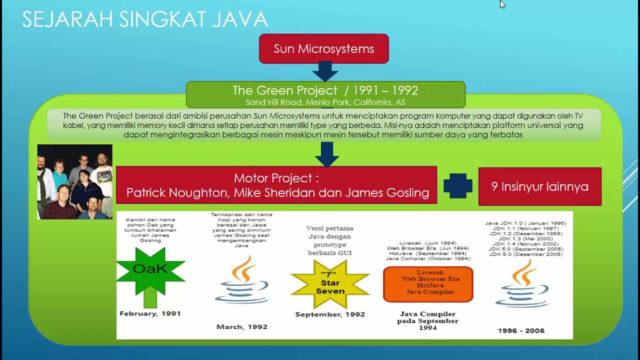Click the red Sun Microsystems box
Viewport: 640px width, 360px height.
pyautogui.click(x=323, y=48)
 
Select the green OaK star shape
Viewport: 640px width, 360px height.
pyautogui.click(x=150, y=270)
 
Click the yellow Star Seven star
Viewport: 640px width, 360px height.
pyautogui.click(x=330, y=283)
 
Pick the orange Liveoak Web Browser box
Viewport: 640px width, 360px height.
pyautogui.click(x=428, y=284)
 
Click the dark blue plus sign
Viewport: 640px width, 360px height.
pyautogui.click(x=458, y=186)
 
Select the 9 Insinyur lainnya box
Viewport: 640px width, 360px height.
pyautogui.click(x=539, y=186)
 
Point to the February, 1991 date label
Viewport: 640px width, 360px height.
pyautogui.click(x=150, y=313)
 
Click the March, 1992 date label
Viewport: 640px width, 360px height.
pyautogui.click(x=242, y=326)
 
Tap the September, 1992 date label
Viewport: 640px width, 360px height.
pyautogui.click(x=330, y=314)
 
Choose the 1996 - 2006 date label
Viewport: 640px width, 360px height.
pyautogui.click(x=521, y=330)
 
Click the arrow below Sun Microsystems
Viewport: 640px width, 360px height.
pyautogui.click(x=325, y=71)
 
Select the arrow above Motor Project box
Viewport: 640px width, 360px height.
pyautogui.click(x=326, y=154)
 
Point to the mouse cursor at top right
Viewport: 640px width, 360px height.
pyautogui.click(x=502, y=4)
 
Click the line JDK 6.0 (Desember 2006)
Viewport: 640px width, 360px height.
pyautogui.click(x=525, y=254)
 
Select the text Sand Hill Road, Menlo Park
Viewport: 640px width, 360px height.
pyautogui.click(x=297, y=102)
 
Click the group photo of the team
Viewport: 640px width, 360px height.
pyautogui.click(x=75, y=182)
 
